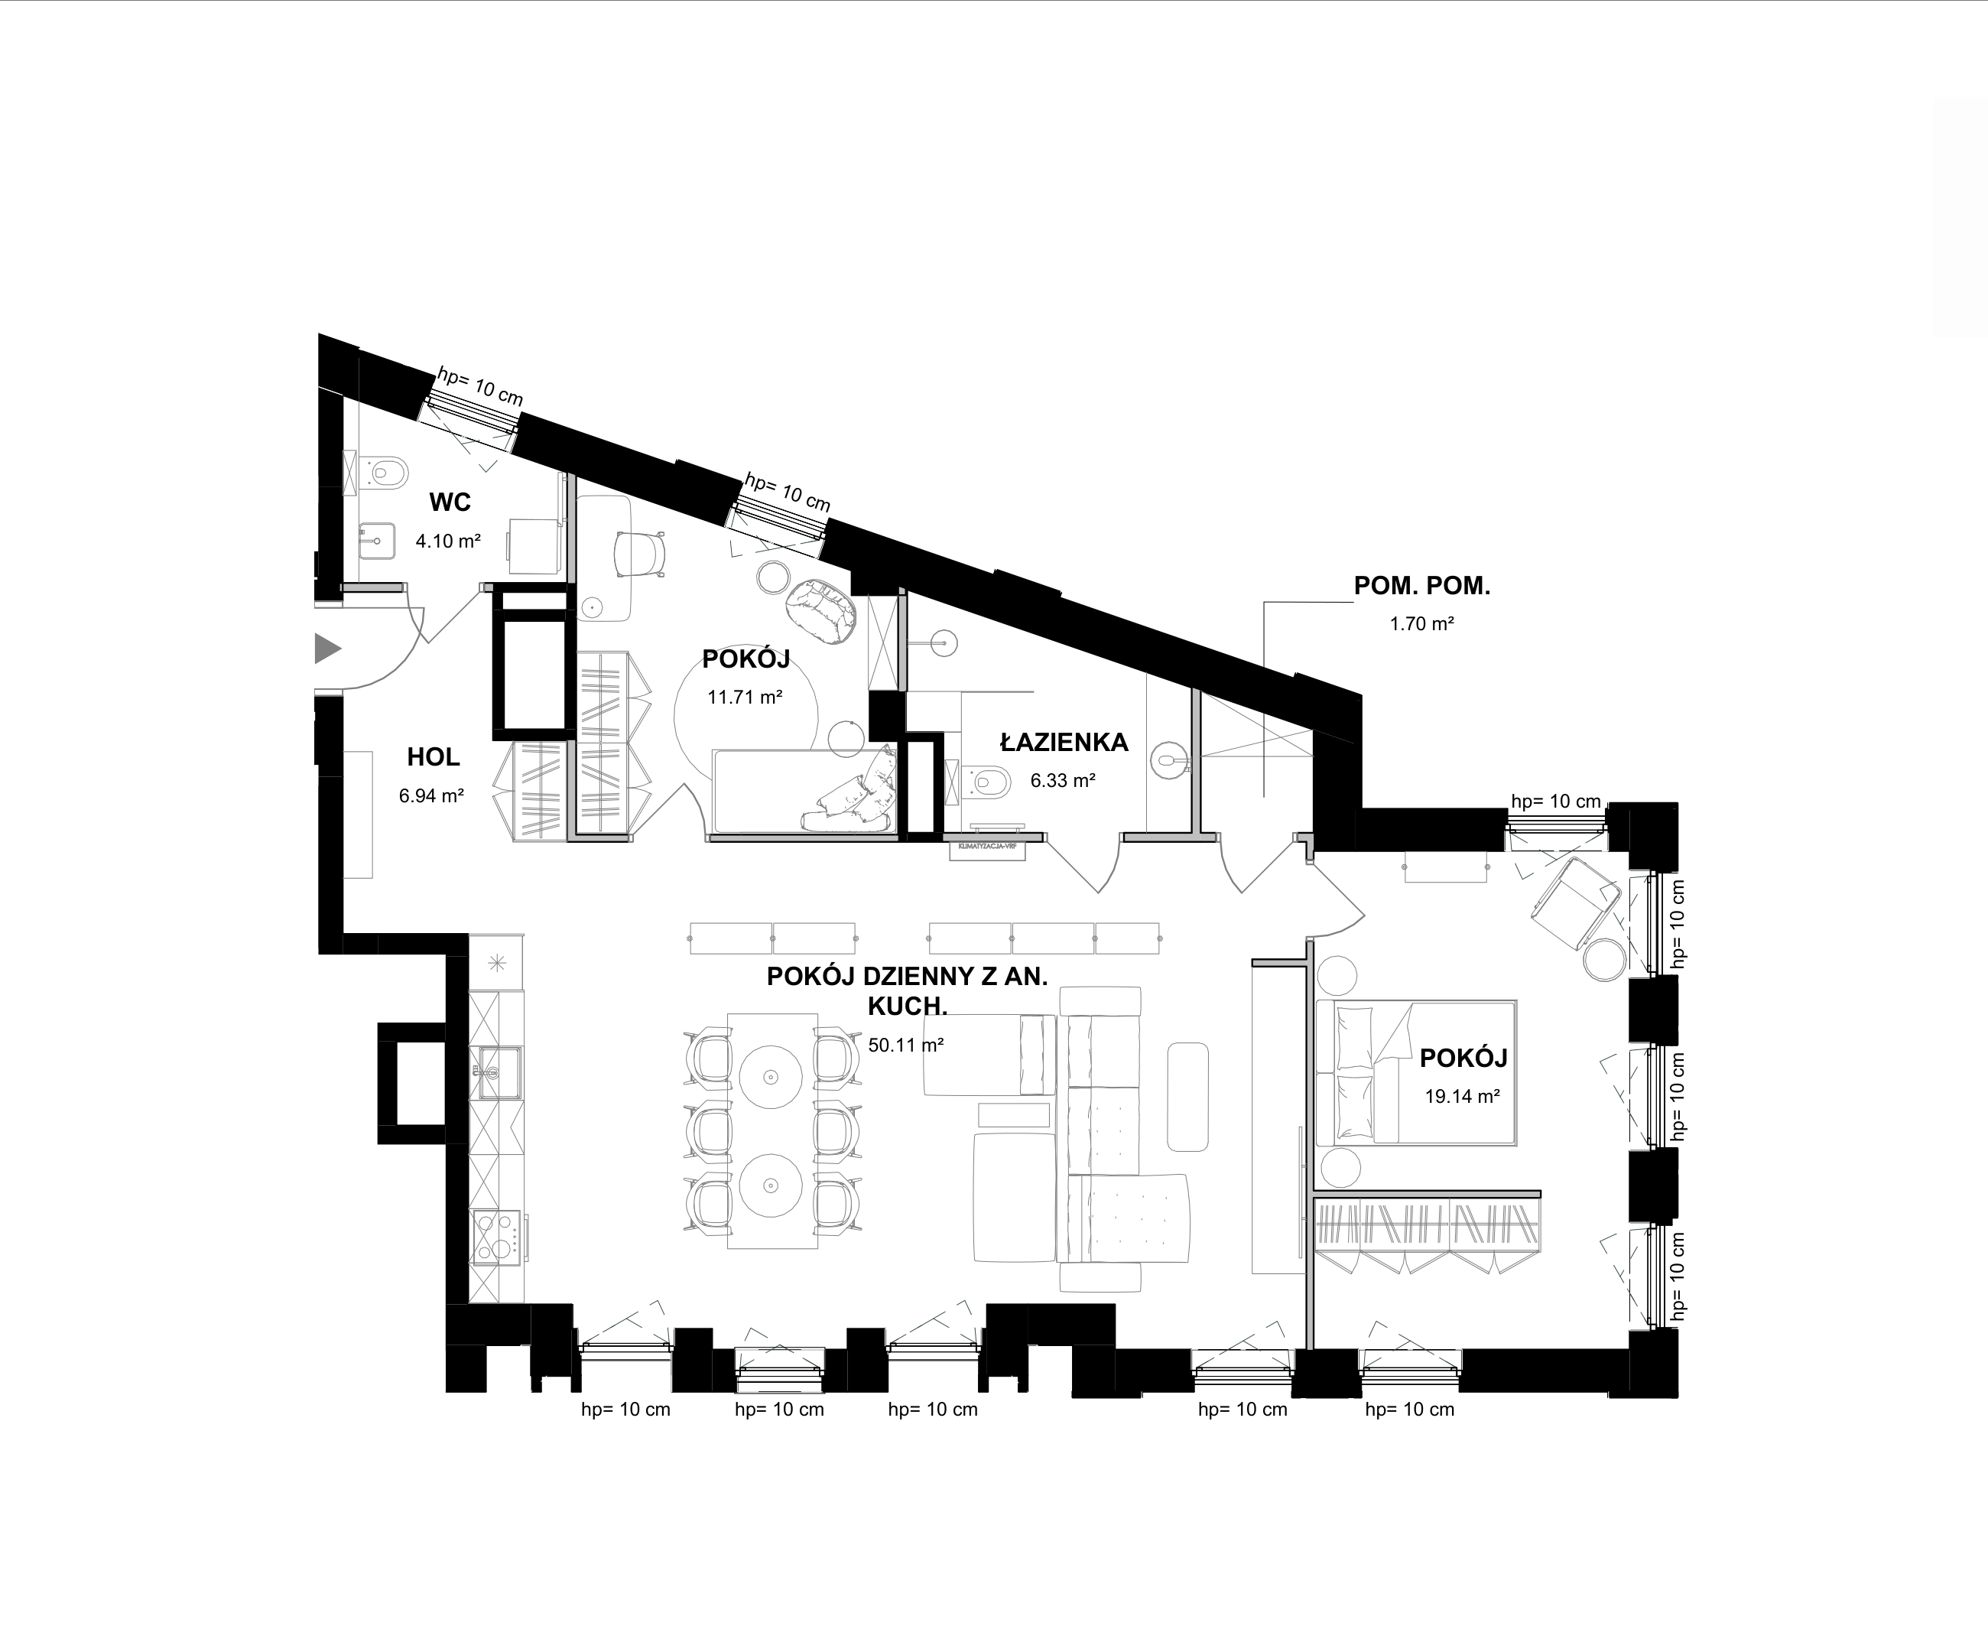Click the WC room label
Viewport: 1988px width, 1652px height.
click(x=450, y=502)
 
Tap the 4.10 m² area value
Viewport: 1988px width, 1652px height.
click(x=448, y=541)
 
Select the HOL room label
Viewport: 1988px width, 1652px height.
click(x=434, y=756)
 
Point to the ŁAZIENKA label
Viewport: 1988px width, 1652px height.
click(x=1064, y=742)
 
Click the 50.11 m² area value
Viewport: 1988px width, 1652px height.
click(x=906, y=1046)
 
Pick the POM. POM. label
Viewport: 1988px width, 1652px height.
click(x=1422, y=586)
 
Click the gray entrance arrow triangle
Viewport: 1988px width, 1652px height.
click(x=326, y=649)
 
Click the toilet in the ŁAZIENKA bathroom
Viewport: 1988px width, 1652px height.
click(x=987, y=781)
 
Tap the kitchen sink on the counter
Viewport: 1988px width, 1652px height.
click(x=497, y=1072)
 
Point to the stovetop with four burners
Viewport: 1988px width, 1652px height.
click(x=497, y=1237)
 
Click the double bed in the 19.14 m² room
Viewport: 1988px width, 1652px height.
click(x=1416, y=1072)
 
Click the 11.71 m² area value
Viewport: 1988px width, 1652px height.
click(x=745, y=698)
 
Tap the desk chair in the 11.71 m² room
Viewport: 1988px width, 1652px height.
click(x=639, y=553)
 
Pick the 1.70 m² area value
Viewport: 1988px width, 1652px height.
click(x=1422, y=624)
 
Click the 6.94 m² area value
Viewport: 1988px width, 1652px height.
click(x=430, y=796)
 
